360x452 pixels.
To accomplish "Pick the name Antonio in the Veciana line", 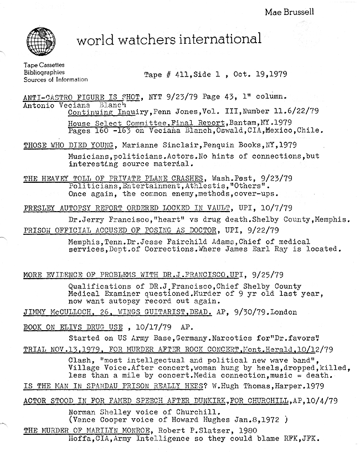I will (x=41, y=104).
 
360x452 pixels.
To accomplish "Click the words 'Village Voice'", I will (x=94, y=368).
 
